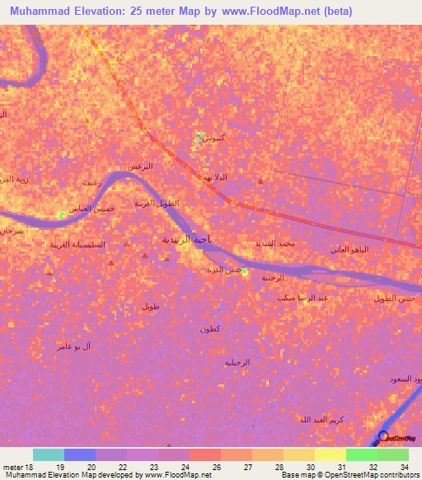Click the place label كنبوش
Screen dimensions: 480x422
(213, 138)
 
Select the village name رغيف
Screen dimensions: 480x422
(91, 182)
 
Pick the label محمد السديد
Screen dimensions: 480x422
(275, 244)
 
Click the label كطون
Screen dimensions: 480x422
(209, 329)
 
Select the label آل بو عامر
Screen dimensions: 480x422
(74, 346)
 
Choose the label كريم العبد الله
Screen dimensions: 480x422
(321, 420)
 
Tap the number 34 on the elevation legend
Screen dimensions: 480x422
(403, 467)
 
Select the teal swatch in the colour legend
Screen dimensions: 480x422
(49, 454)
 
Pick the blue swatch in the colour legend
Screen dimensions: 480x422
(80, 454)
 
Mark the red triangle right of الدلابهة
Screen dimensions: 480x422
(261, 181)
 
